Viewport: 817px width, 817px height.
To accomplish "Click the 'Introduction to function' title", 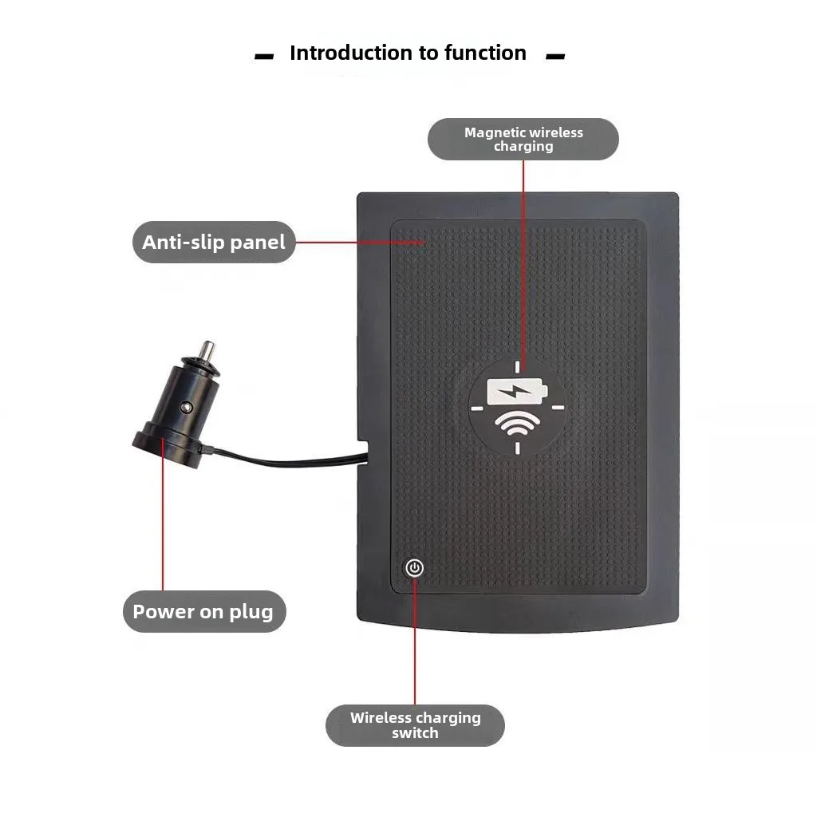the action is tap(408, 53).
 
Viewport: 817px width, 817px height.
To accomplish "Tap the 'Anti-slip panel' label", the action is tap(214, 243).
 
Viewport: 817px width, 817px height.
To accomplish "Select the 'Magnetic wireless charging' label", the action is tap(523, 139).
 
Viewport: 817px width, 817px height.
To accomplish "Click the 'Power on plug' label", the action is tap(204, 611).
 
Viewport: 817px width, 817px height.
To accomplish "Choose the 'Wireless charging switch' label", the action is tap(415, 725).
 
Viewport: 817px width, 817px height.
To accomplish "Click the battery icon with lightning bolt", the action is tap(517, 391).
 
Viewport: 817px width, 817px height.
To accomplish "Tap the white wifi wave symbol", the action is tap(517, 423).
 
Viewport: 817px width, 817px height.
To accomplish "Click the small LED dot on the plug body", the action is tap(185, 406).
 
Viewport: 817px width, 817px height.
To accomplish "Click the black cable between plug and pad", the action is tap(286, 458).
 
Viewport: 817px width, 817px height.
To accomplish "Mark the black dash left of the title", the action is tap(264, 56).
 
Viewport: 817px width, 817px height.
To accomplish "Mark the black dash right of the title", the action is tap(555, 56).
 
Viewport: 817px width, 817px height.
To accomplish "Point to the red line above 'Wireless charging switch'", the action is tap(415, 641).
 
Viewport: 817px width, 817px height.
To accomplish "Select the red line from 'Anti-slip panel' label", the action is tap(361, 243).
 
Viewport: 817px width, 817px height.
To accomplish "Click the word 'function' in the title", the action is tap(485, 53).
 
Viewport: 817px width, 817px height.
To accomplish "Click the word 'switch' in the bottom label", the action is tap(415, 732).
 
